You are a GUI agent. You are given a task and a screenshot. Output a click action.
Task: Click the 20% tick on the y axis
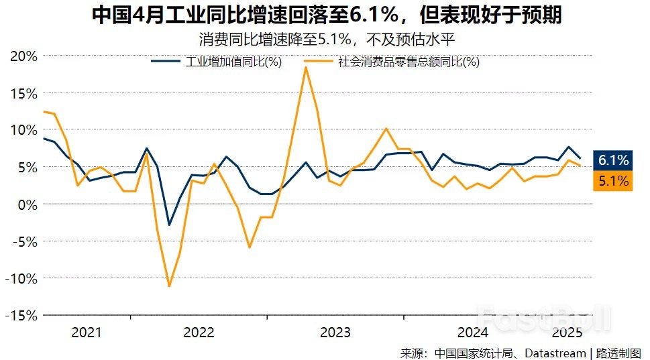[x=23, y=56]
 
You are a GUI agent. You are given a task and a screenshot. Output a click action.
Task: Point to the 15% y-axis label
[x=23, y=93]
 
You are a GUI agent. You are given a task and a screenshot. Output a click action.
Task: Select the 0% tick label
[x=28, y=204]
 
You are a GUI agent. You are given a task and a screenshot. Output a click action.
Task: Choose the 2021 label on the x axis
[x=86, y=332]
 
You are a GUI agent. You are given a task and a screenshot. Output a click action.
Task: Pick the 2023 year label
[x=335, y=332]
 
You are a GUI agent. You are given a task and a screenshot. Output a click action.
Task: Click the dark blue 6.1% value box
[x=613, y=160]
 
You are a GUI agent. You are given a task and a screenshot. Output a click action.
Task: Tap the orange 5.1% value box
[x=613, y=181]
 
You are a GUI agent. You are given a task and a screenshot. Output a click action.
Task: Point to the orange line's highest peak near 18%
[x=306, y=66]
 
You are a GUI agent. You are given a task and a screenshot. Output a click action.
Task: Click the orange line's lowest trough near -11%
[x=169, y=286]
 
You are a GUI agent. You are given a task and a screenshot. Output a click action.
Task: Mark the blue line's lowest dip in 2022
[x=169, y=225]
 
